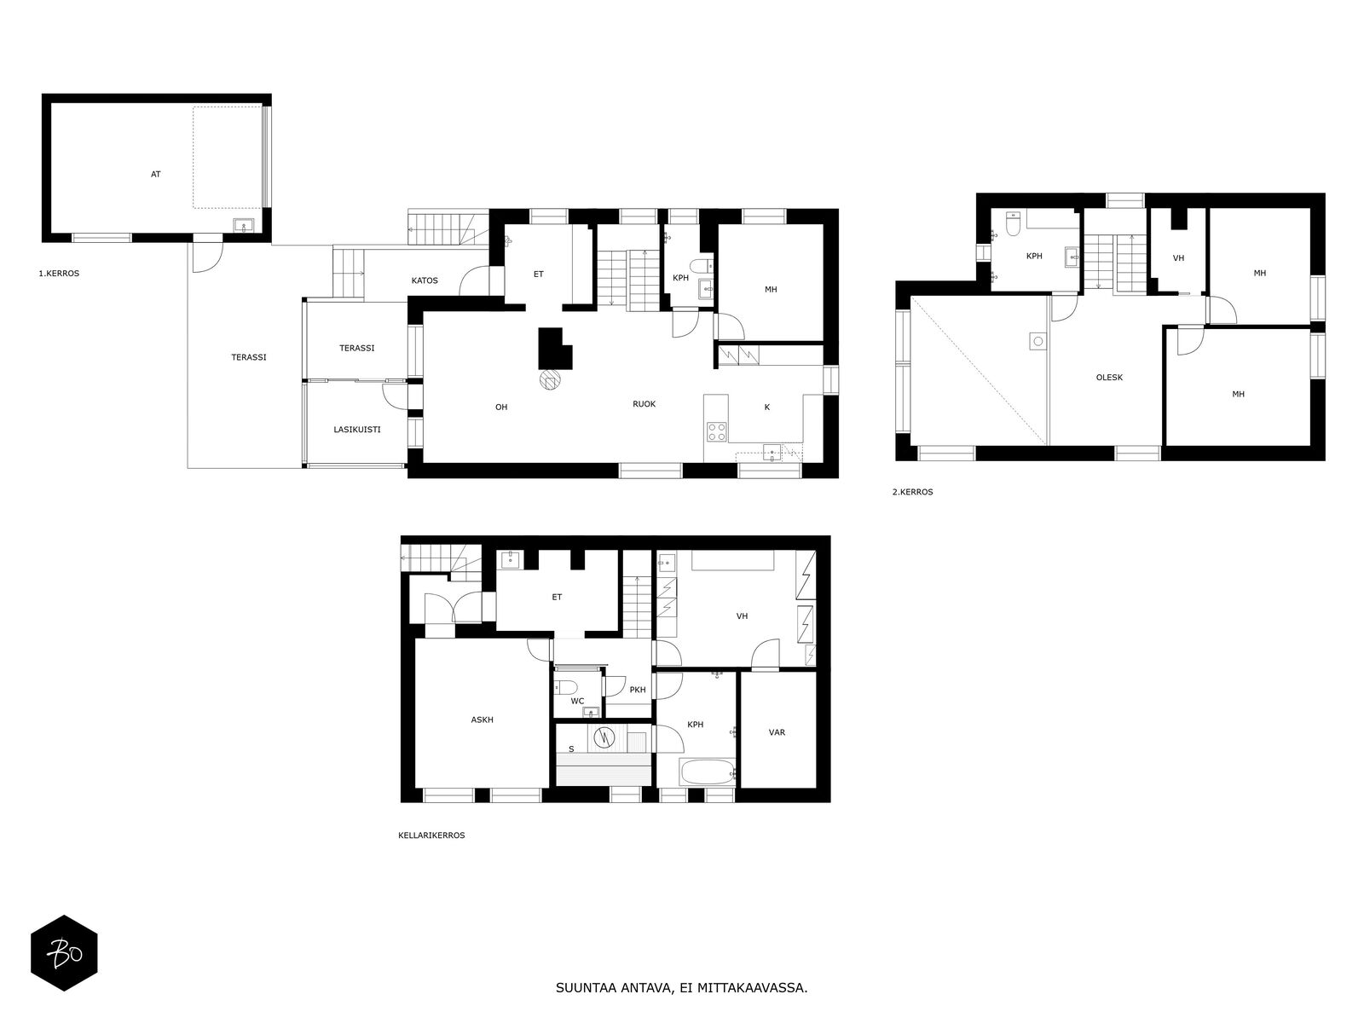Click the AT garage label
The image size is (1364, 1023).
pyautogui.click(x=155, y=175)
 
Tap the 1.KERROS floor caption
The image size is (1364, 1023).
pyautogui.click(x=59, y=274)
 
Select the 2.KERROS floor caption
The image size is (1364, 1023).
pyautogui.click(x=912, y=492)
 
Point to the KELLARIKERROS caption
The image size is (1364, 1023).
pyautogui.click(x=431, y=835)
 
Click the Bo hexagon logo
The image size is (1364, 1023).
pyautogui.click(x=64, y=953)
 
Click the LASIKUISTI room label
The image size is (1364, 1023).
pyautogui.click(x=356, y=429)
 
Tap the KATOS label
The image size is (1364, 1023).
pyautogui.click(x=425, y=280)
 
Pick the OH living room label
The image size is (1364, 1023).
pyautogui.click(x=501, y=407)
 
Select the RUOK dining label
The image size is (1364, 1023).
pyautogui.click(x=644, y=404)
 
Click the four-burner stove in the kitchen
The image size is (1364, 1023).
pyautogui.click(x=716, y=431)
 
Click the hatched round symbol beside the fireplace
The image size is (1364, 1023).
pyautogui.click(x=550, y=379)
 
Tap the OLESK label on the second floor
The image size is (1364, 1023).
pyautogui.click(x=1109, y=378)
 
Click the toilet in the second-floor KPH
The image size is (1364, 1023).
pyautogui.click(x=1013, y=224)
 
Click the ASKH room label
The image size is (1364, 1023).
pyautogui.click(x=482, y=720)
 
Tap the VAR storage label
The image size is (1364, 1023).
pyautogui.click(x=777, y=733)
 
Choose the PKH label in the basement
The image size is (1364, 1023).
pyautogui.click(x=638, y=690)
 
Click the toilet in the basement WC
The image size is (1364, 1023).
pyautogui.click(x=566, y=687)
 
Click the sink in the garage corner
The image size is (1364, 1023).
pyautogui.click(x=242, y=226)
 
